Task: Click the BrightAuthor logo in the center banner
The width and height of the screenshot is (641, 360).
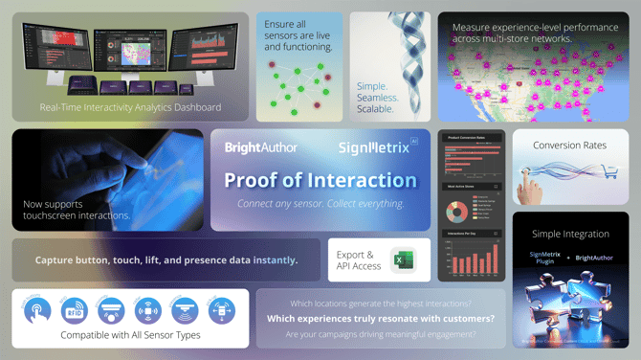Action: (260, 147)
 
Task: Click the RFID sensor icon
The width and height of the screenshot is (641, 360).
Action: (74, 310)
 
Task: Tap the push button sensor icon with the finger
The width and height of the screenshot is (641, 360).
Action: (37, 310)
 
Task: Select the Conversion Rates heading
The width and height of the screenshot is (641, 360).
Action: (570, 146)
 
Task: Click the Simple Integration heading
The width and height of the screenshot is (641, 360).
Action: (570, 234)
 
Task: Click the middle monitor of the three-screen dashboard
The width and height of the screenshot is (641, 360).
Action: (130, 46)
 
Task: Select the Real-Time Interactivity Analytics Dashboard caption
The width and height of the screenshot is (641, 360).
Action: (130, 107)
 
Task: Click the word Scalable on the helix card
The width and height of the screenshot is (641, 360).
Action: (375, 109)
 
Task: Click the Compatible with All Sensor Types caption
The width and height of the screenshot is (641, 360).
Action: (130, 335)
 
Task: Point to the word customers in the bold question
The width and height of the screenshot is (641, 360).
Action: (462, 318)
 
